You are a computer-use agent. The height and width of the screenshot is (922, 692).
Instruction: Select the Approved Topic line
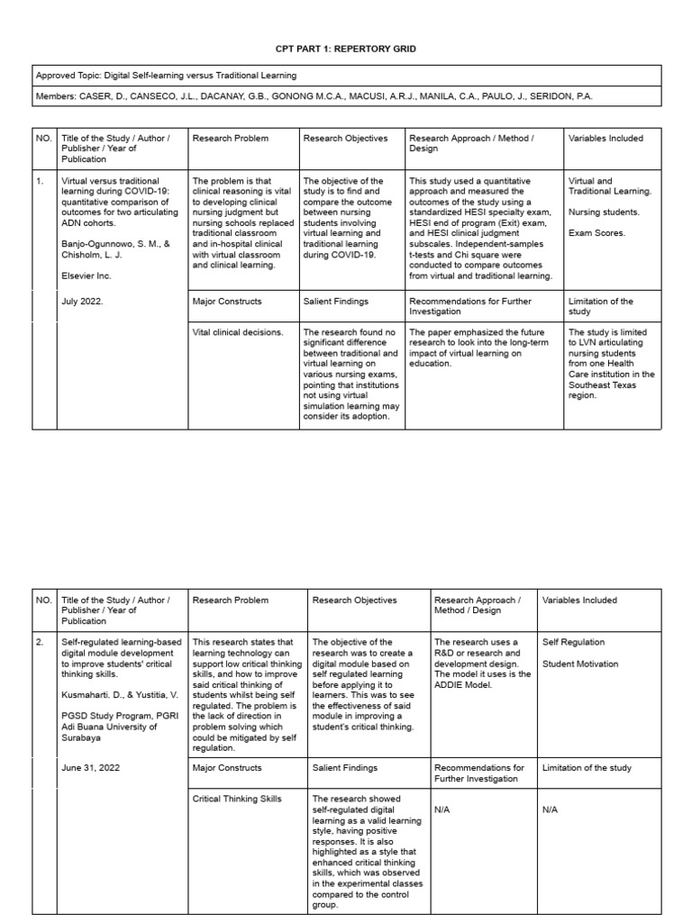(166, 76)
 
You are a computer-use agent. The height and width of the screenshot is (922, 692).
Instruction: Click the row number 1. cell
(40, 181)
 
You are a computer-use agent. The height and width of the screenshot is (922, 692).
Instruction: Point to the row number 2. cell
(40, 642)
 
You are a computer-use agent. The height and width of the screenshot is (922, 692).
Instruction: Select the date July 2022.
(82, 302)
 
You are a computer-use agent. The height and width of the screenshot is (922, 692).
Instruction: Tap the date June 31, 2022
(89, 768)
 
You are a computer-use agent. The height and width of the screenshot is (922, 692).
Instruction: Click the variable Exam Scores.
(597, 233)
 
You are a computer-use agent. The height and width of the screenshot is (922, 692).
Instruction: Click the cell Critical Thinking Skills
(237, 799)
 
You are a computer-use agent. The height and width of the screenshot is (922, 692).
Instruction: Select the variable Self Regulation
(573, 642)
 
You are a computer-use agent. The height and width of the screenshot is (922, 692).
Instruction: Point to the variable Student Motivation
(580, 664)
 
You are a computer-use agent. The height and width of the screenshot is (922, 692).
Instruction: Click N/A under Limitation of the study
(551, 809)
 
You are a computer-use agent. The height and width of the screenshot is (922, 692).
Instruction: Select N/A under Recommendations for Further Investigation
(442, 809)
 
